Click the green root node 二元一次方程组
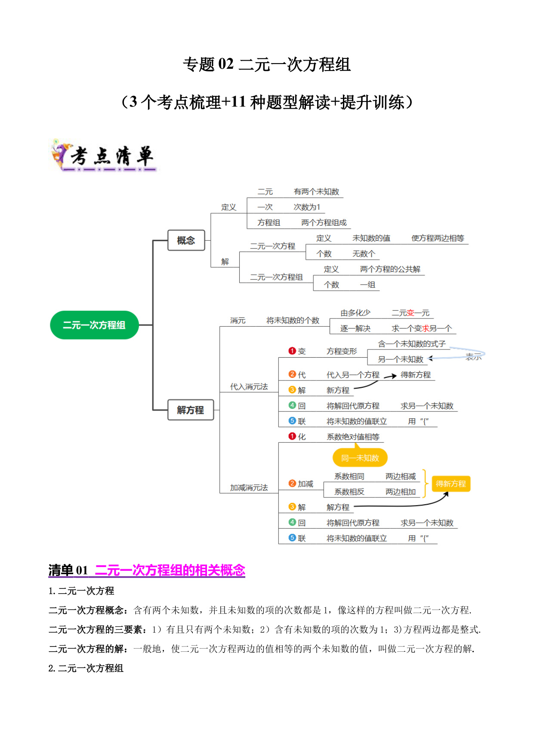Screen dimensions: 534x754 (94, 325)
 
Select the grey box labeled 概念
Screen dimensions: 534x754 (186, 240)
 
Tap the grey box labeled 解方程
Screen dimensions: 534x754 (190, 410)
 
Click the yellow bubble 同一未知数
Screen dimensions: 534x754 (360, 458)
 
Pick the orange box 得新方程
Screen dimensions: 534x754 (451, 484)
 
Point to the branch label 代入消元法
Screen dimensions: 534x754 (249, 386)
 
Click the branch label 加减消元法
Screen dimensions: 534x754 (249, 487)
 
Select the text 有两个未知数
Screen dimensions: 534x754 (316, 192)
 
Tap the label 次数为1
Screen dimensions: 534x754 (307, 207)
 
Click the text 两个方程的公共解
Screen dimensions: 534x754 (390, 269)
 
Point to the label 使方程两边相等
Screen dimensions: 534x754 (438, 238)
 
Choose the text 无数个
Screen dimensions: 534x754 (364, 254)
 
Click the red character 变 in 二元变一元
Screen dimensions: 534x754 (411, 313)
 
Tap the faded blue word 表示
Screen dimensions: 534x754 (473, 357)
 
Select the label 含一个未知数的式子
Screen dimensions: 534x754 (412, 344)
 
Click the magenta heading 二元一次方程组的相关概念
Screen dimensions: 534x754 (170, 570)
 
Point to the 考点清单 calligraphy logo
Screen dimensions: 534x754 (104, 156)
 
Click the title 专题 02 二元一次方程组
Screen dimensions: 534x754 (267, 64)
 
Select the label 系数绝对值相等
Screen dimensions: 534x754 (353, 437)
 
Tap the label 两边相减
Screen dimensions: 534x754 (401, 476)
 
